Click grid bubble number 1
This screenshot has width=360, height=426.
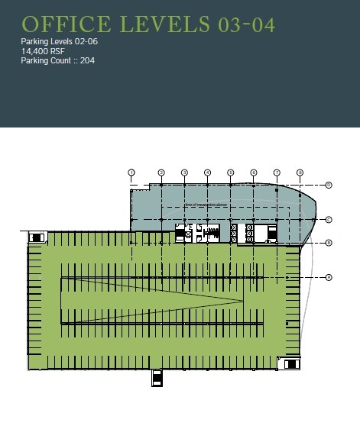coord(131,173)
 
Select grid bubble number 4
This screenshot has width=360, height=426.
coord(207,173)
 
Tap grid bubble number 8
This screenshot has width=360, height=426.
coord(300,173)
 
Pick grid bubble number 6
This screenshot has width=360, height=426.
coord(254,173)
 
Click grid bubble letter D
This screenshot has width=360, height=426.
coord(328,185)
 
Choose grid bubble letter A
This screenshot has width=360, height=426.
coord(328,276)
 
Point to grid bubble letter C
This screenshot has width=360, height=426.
coord(328,220)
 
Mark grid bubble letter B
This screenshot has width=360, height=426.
coord(328,243)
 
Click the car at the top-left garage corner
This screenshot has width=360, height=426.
coord(36,237)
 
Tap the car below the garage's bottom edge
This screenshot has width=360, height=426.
coord(157,378)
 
